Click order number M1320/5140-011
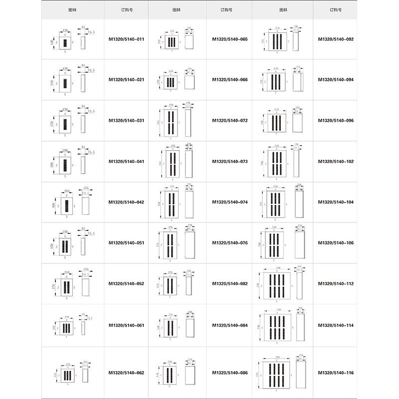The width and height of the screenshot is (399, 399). pyautogui.click(x=127, y=39)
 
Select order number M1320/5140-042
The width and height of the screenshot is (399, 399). pyautogui.click(x=127, y=202)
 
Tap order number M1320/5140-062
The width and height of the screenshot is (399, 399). pyautogui.click(x=127, y=372)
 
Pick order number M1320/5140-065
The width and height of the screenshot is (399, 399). pyautogui.click(x=229, y=39)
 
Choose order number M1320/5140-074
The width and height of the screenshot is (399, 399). pyautogui.click(x=229, y=202)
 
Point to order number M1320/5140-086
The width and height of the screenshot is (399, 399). pyautogui.click(x=229, y=372)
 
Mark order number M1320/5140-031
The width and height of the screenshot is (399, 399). pyautogui.click(x=127, y=121)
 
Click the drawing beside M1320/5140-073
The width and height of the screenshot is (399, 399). pyautogui.click(x=178, y=162)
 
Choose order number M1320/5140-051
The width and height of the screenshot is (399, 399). pyautogui.click(x=127, y=243)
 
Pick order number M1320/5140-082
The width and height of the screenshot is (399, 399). pyautogui.click(x=229, y=284)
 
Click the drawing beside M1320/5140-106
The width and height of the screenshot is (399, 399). pyautogui.click(x=282, y=243)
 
